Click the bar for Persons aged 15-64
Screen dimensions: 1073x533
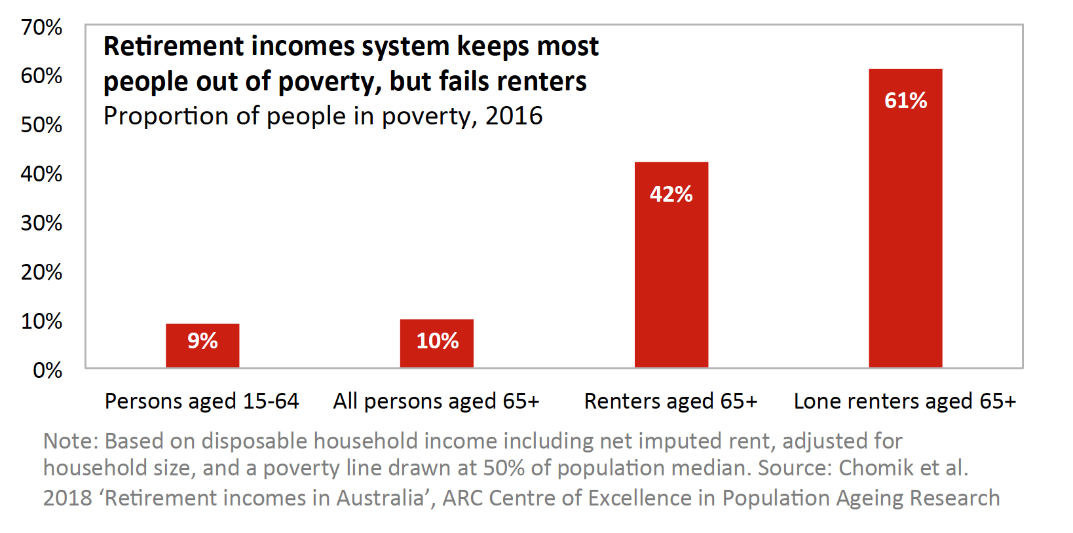point(202,346)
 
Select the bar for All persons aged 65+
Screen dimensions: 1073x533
point(437,343)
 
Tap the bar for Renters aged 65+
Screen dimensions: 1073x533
point(671,265)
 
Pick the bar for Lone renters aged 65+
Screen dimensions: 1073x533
point(906,218)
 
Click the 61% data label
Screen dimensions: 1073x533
point(906,101)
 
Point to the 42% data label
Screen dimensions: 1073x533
point(671,194)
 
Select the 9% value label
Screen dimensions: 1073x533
point(202,340)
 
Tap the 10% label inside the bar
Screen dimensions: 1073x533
point(438,340)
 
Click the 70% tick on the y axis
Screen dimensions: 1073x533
point(42,28)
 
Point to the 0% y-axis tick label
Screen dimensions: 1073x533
point(47,370)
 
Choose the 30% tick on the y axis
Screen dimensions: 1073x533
point(42,223)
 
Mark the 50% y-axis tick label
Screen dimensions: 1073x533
point(42,125)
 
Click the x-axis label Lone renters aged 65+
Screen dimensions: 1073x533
point(905,401)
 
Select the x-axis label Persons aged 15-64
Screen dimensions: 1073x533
point(202,401)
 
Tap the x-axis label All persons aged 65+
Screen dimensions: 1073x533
point(436,401)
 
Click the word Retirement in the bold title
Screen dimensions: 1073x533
point(174,46)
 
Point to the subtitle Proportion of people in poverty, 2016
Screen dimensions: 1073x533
point(323,117)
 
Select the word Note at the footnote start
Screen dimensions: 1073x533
point(70,441)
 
